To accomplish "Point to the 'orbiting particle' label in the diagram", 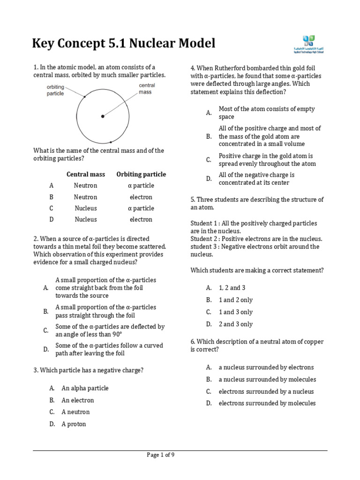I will (55, 90).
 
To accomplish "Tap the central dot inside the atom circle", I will (103, 116).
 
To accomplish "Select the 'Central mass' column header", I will (86, 174).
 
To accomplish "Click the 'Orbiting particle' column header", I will (141, 174).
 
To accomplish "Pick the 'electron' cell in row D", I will (141, 219).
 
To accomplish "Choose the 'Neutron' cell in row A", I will (86, 186).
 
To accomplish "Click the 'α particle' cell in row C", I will (141, 208).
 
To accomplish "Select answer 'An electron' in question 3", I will (78, 400).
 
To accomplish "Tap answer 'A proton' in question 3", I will (74, 424).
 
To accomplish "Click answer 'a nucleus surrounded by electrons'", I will (266, 367).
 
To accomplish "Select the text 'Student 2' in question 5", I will (204, 239).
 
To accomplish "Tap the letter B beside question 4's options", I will (209, 136).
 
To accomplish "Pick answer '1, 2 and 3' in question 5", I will (232, 288).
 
